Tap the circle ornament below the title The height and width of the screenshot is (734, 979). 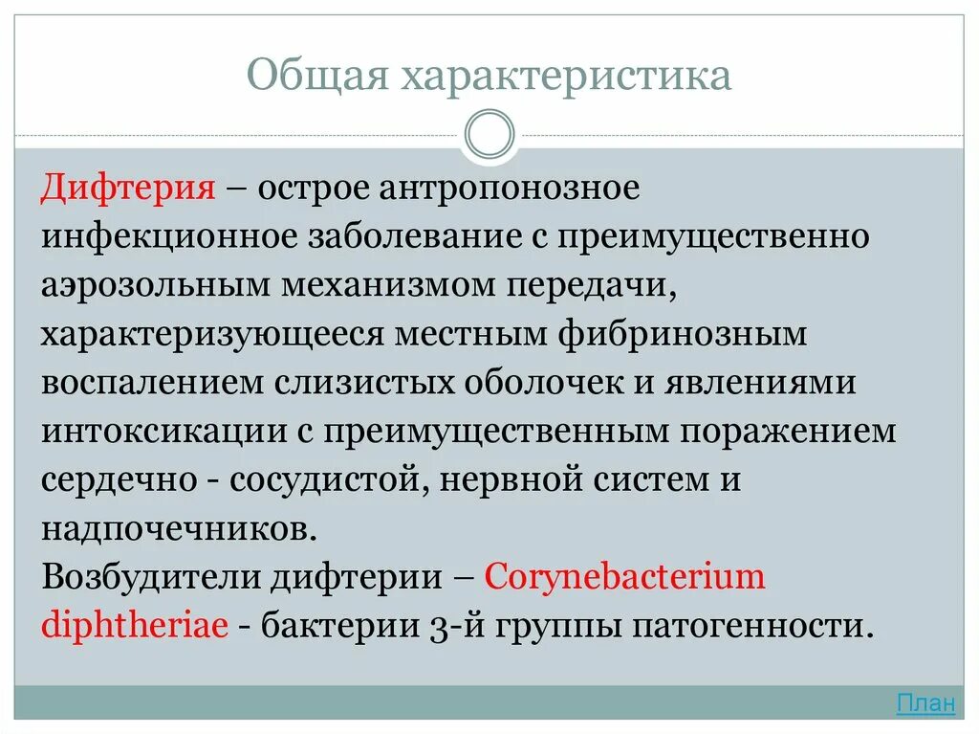coord(489,134)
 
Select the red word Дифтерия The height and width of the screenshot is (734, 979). coord(128,188)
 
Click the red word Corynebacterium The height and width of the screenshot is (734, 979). coord(625,578)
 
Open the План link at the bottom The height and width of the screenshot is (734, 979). coord(925,704)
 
